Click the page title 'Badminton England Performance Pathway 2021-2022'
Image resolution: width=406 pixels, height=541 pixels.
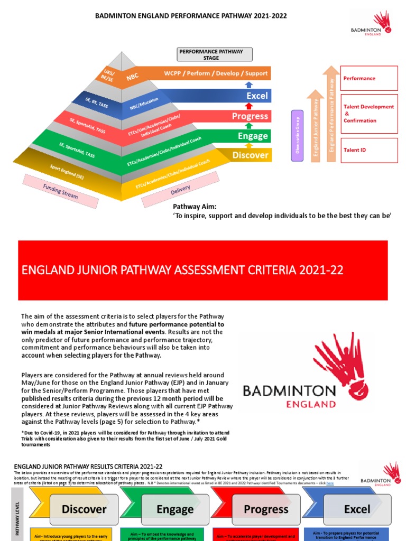[191, 16]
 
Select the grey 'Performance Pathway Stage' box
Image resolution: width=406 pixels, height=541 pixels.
[214, 54]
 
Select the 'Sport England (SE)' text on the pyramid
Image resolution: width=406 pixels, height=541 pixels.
[66, 172]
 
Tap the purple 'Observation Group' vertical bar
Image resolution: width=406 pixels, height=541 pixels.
[297, 135]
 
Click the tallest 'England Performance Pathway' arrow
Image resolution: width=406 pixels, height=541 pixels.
[332, 114]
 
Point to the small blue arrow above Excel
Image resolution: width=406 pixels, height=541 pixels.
[250, 85]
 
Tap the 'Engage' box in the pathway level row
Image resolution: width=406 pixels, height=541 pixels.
[175, 509]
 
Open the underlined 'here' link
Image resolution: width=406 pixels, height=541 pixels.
[330, 483]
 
